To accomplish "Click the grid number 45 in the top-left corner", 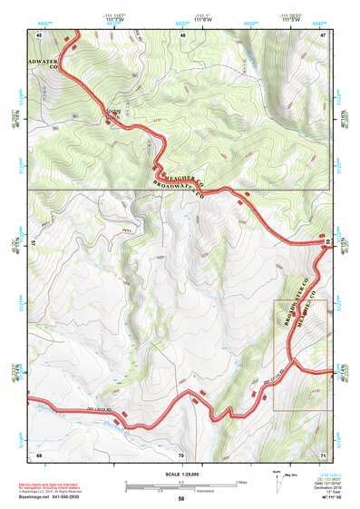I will [x=39, y=34].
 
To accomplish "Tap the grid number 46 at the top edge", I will [x=182, y=34].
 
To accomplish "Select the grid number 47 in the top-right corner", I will [x=323, y=34].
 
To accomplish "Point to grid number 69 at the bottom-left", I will [x=39, y=454].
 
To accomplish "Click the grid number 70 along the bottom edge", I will [x=181, y=454].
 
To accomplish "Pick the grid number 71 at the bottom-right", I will [x=323, y=454].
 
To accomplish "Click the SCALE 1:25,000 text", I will [x=180, y=473].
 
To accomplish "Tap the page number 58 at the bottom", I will [x=180, y=498].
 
